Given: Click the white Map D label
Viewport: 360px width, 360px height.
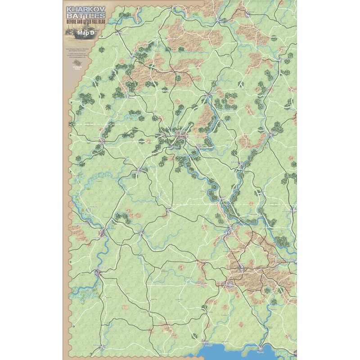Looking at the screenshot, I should [x=85, y=33].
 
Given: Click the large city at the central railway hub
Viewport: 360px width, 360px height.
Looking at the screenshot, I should [x=180, y=134].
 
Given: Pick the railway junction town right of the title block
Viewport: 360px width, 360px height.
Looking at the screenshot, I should [x=119, y=32].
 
